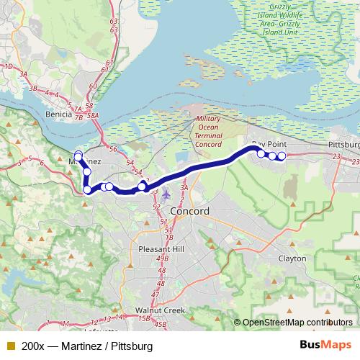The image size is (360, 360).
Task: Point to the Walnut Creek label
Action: point(161,311)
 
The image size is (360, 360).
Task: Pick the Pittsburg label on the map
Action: point(343,145)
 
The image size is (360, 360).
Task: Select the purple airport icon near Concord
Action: point(167,193)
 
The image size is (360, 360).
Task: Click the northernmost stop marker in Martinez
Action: point(78,156)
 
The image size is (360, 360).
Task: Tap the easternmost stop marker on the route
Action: point(282,156)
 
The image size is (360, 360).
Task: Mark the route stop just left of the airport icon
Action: point(143,186)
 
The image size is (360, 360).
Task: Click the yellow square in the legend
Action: point(10,346)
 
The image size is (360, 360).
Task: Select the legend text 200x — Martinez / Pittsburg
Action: point(87,346)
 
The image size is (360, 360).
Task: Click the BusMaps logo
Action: point(325,346)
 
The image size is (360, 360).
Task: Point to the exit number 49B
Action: point(162,259)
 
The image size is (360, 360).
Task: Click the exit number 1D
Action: point(9,66)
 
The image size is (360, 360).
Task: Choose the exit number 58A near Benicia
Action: point(91,115)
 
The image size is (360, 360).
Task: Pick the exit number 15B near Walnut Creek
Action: point(145,318)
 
